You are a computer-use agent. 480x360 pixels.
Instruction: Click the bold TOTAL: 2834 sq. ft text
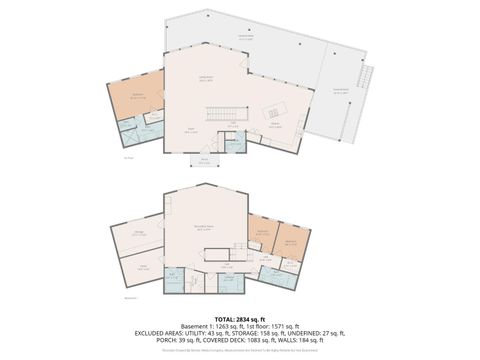click(x=240, y=317)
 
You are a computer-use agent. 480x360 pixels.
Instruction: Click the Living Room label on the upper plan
click(x=207, y=78)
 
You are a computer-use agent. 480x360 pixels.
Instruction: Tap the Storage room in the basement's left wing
click(x=139, y=236)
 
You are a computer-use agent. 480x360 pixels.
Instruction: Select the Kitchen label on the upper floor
click(x=275, y=126)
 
